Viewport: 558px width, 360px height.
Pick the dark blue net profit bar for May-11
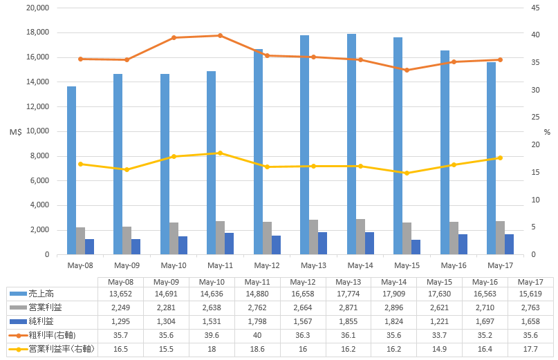pyautogui.click(x=229, y=244)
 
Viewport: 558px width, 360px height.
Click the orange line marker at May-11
pyautogui.click(x=220, y=35)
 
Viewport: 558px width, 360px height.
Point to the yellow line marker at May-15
pyautogui.click(x=407, y=173)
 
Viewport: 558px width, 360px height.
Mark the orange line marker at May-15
pyautogui.click(x=407, y=70)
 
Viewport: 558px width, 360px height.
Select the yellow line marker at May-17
pyautogui.click(x=500, y=158)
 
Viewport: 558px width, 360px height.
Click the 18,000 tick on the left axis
pyautogui.click(x=37, y=32)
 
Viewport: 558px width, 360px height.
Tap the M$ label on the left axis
pyautogui.click(x=15, y=131)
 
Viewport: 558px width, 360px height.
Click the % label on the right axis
pyautogui.click(x=546, y=131)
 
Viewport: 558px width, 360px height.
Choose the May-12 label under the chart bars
pyautogui.click(x=266, y=265)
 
